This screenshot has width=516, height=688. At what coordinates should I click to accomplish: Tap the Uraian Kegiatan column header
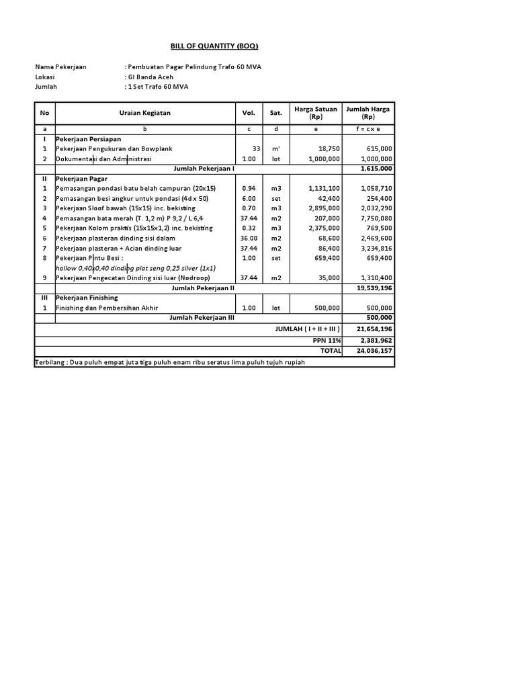tap(144, 113)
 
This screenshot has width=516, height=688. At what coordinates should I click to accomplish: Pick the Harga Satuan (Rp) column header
tap(315, 113)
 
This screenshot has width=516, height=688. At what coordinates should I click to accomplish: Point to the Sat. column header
tap(275, 113)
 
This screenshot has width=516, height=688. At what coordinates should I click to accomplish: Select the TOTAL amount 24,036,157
tap(376, 350)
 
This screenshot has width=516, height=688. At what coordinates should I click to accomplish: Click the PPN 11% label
tap(326, 340)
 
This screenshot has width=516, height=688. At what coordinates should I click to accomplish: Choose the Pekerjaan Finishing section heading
tap(87, 298)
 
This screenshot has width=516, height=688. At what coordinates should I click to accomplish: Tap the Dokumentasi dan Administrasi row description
tap(103, 159)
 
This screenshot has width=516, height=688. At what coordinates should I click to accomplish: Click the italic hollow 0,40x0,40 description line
tap(135, 268)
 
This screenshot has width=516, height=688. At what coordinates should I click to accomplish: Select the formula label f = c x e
tap(368, 128)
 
